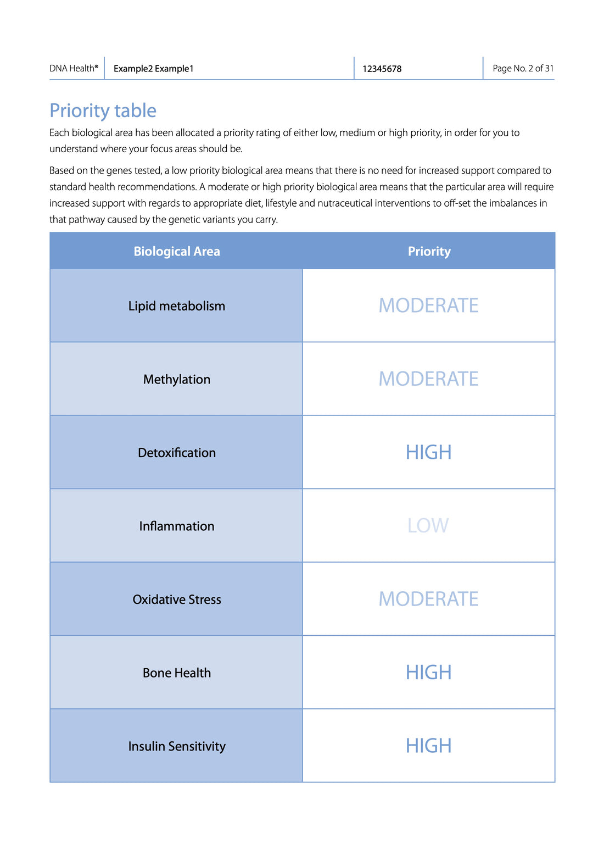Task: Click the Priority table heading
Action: point(103,110)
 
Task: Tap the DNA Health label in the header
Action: point(74,69)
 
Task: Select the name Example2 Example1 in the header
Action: point(153,69)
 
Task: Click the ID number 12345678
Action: point(382,69)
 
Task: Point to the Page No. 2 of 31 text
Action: point(523,69)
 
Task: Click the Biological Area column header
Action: point(176,251)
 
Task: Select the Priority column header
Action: point(429,251)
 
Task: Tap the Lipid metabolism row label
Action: point(176,306)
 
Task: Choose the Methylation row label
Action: point(176,379)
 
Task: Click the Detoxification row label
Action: point(176,453)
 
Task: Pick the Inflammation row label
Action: point(176,526)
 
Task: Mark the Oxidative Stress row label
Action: point(176,599)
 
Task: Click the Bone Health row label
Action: point(176,673)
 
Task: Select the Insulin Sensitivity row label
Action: point(176,746)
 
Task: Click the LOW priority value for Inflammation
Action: point(428,526)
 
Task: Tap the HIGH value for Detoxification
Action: point(428,452)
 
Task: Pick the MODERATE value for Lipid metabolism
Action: point(428,306)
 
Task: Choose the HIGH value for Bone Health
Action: point(428,672)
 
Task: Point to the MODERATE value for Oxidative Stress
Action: point(428,599)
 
